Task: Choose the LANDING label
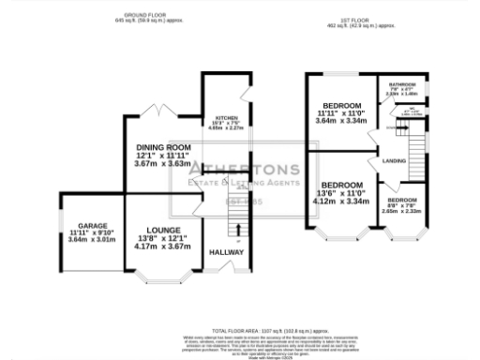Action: pos(395,161)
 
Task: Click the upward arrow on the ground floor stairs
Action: pos(237,229)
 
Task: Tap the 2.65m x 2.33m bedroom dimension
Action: pos(402,211)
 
